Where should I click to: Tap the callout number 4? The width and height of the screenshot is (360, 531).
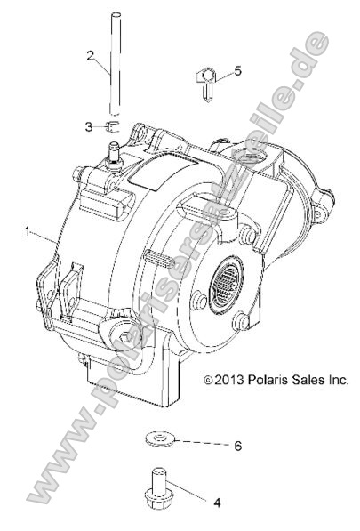216,502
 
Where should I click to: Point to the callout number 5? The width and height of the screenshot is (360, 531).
237,69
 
